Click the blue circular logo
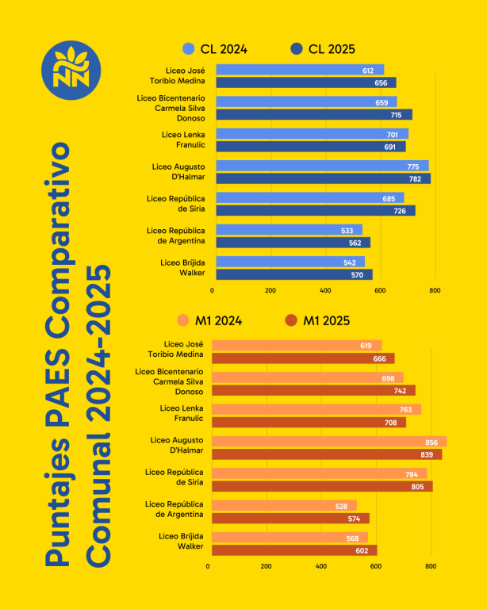point(71,70)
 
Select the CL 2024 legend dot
point(188,48)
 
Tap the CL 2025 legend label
point(332,48)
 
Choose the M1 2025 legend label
point(326,320)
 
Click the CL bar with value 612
point(299,71)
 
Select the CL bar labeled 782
point(322,178)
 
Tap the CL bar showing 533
point(288,230)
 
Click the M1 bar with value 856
point(328,442)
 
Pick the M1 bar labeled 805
point(321,486)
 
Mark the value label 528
point(343,506)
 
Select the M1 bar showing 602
point(293,550)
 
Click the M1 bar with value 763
point(316,410)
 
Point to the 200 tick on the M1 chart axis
point(266,566)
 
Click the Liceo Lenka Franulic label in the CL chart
point(183,140)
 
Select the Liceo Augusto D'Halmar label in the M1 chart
point(178,445)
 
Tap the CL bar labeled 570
point(293,274)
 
